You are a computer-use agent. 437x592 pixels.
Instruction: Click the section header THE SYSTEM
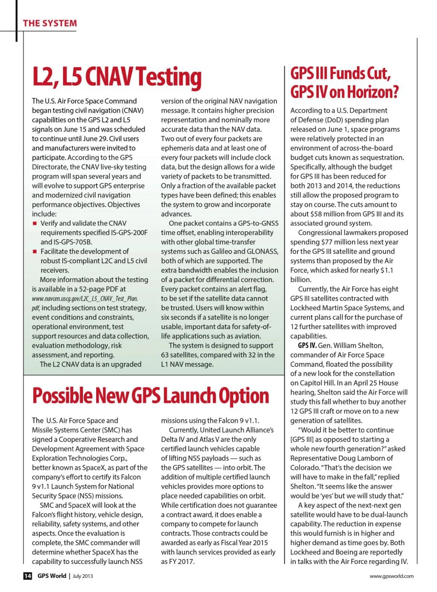coord(50,23)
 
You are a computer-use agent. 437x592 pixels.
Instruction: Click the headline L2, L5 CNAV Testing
coord(117,77)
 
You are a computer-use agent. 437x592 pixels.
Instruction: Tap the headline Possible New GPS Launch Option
coord(150,396)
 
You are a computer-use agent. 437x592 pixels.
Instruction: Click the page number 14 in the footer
coord(28,576)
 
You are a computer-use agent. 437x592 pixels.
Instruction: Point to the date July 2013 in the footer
coord(83,576)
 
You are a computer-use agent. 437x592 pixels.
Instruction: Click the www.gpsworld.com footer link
coord(391,576)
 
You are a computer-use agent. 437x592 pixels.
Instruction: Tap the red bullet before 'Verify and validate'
coord(35,223)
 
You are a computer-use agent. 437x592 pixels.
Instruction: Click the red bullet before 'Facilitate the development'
coord(35,251)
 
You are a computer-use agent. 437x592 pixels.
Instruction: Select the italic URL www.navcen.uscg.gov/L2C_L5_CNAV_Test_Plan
coord(85,299)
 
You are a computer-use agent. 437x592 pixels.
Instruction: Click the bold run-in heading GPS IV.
coord(307,346)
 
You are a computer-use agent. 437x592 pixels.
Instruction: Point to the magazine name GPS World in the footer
coord(52,576)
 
